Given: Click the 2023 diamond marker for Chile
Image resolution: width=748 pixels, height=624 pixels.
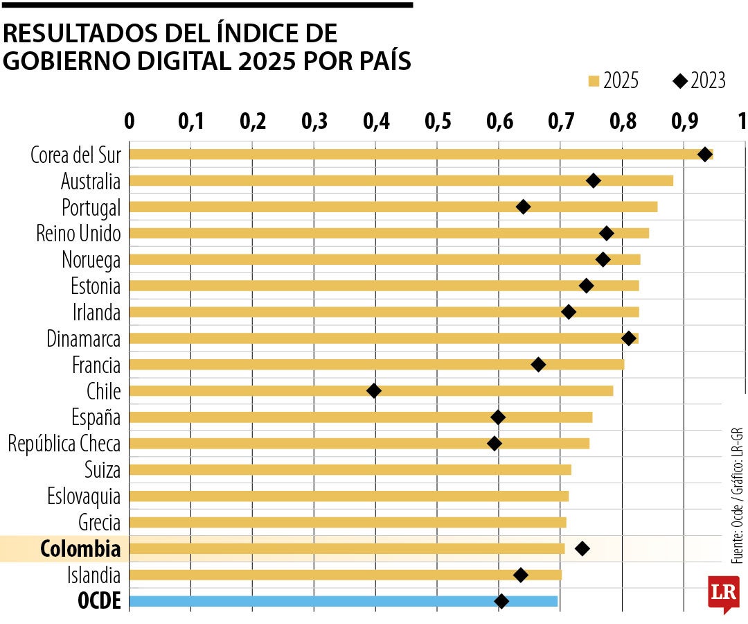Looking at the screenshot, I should point(373,391).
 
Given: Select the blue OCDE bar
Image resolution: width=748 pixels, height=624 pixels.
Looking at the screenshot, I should point(343,601).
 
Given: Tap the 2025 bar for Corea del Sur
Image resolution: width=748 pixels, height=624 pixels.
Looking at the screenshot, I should point(416,154).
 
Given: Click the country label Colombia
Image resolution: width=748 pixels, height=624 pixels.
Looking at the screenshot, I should point(80,549).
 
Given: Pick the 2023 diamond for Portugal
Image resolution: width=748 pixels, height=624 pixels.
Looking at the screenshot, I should point(523,207).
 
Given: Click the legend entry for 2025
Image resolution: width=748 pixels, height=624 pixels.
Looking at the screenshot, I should point(613,81).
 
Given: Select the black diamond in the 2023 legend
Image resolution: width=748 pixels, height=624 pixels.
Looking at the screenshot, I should point(679,81).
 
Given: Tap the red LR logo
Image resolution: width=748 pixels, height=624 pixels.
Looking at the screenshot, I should point(723,593).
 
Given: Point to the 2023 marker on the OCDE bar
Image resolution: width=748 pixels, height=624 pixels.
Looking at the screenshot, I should point(501,601).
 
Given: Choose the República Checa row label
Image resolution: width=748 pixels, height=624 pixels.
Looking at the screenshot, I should point(64,444).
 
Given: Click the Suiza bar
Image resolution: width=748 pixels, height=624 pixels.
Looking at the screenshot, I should point(350,470).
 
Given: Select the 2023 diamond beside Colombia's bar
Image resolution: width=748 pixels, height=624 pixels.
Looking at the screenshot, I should point(582,549).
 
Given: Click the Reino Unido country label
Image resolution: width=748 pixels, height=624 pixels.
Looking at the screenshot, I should point(78,234).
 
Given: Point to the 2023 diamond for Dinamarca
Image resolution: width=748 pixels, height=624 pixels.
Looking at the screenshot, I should point(628,338).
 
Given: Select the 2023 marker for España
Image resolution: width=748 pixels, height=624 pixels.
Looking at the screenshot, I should point(497,417).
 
